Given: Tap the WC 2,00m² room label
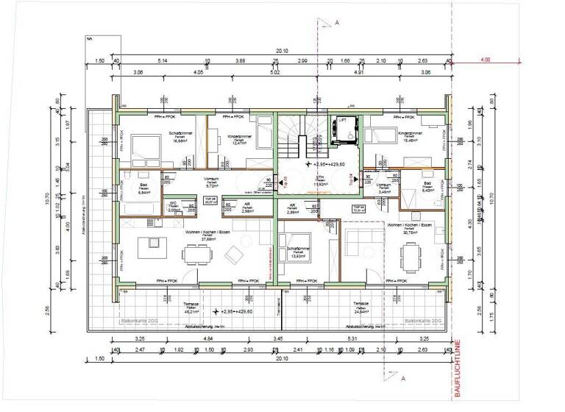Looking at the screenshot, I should coord(152,207).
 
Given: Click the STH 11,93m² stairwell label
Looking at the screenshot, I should coord(319,181).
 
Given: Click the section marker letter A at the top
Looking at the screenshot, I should coord(336,24).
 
